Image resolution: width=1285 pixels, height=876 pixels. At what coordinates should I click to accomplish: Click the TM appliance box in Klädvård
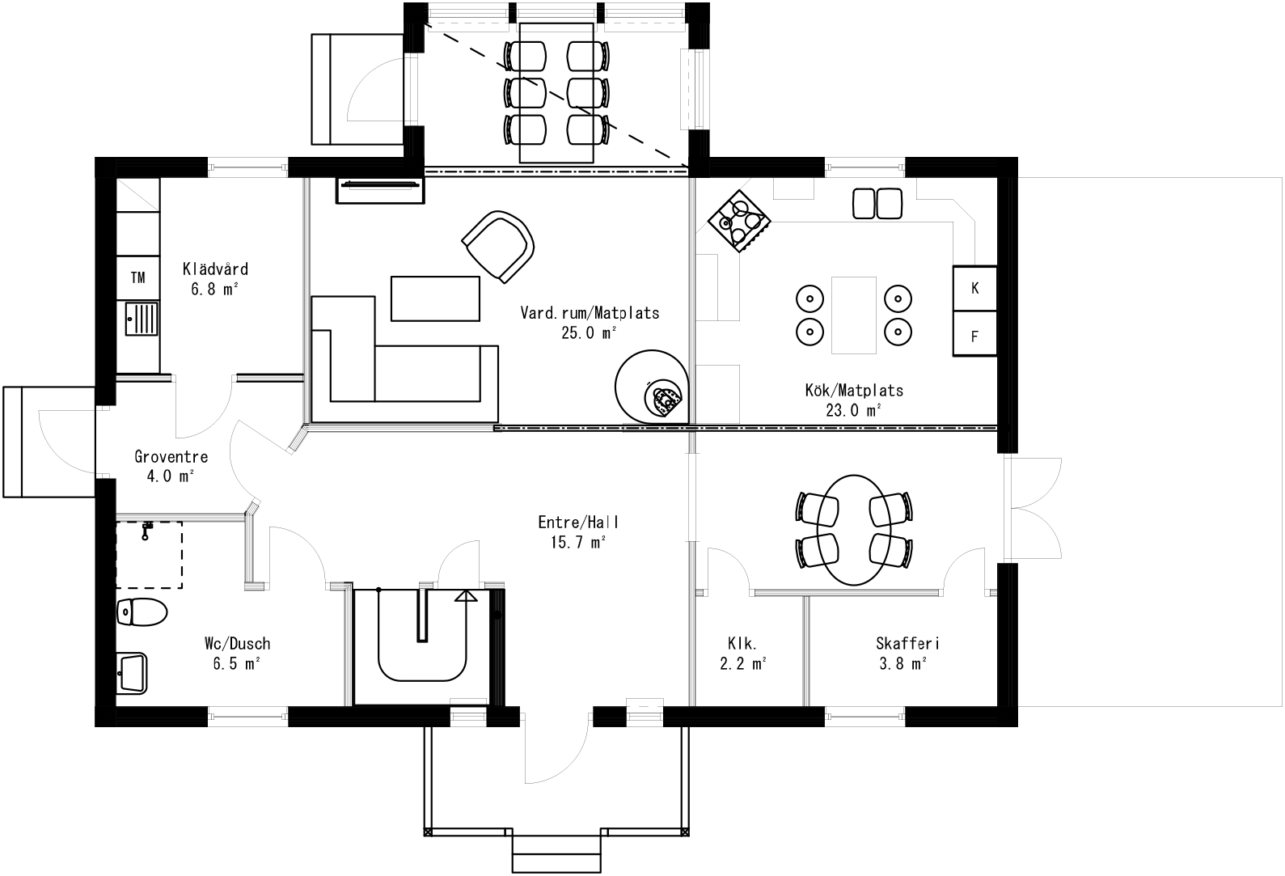(x=138, y=278)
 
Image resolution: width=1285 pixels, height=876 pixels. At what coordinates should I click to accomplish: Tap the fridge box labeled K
(x=974, y=288)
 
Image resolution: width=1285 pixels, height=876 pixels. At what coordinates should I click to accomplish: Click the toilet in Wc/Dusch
(x=142, y=612)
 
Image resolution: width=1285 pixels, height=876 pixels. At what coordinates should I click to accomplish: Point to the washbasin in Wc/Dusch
(x=133, y=672)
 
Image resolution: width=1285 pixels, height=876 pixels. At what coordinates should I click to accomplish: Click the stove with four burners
(x=739, y=221)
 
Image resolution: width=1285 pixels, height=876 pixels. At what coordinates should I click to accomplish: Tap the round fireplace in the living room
(x=652, y=386)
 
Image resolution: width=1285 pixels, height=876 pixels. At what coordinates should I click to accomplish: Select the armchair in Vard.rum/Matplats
(x=499, y=246)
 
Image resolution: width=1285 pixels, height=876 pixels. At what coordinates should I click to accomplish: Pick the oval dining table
(x=854, y=529)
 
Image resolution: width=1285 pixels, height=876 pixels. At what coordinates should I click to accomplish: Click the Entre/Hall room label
(x=573, y=523)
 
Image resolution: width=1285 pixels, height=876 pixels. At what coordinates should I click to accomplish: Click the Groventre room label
(x=171, y=457)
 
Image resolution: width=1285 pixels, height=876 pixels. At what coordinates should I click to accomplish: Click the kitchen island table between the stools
(x=854, y=315)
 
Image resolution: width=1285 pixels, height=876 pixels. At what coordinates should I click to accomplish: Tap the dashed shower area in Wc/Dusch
(x=149, y=554)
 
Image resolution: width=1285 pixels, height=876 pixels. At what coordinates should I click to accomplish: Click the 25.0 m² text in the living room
(x=589, y=332)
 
